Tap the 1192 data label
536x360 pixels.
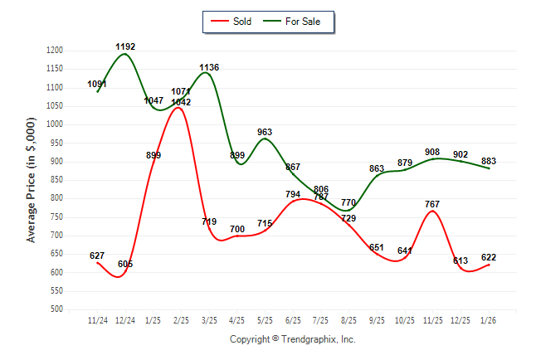pyautogui.click(x=125, y=46)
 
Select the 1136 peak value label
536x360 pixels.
pyautogui.click(x=209, y=67)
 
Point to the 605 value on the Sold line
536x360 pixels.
pyautogui.click(x=125, y=264)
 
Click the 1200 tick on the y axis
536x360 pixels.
pyautogui.click(x=54, y=51)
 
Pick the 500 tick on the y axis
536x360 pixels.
pyautogui.click(x=56, y=309)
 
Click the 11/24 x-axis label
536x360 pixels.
pyautogui.click(x=98, y=320)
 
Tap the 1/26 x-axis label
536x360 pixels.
pyautogui.click(x=489, y=320)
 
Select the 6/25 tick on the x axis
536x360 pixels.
pyautogui.click(x=293, y=320)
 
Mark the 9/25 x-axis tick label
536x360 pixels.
pyautogui.click(x=377, y=320)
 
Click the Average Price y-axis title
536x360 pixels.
pyautogui.click(x=32, y=180)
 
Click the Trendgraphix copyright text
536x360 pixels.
pyautogui.click(x=292, y=339)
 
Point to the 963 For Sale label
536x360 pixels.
pyautogui.click(x=265, y=132)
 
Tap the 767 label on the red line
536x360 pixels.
pyautogui.click(x=432, y=203)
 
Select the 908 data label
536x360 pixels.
pyautogui.click(x=432, y=152)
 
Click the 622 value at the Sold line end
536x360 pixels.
pyautogui.click(x=489, y=257)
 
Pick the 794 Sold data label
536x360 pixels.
pyautogui.click(x=293, y=194)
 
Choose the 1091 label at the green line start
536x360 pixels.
pyautogui.click(x=98, y=84)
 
